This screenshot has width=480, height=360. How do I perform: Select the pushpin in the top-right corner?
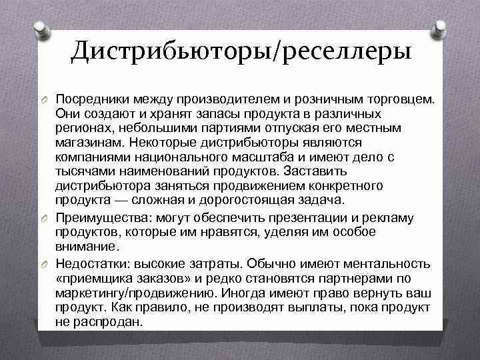[x=441, y=29]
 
